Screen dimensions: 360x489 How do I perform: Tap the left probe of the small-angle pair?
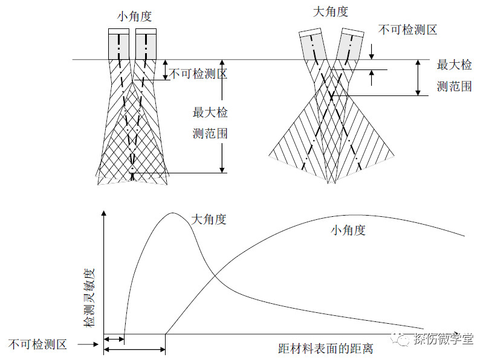pos(119,43)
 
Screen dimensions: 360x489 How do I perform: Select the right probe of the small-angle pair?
pos(146,43)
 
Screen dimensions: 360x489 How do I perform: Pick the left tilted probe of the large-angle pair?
pos(314,45)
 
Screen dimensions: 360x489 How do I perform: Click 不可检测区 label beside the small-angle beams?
pos(198,74)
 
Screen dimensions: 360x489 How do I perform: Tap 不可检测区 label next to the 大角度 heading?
pos(407,28)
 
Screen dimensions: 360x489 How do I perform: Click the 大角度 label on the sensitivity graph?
pos(209,220)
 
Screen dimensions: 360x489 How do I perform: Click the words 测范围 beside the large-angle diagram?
pos(454,86)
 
